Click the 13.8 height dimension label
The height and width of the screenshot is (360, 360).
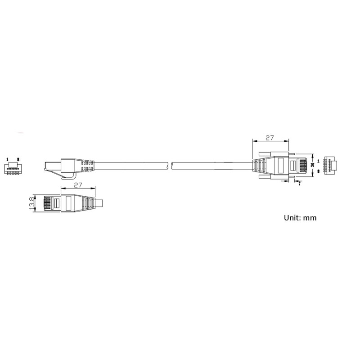pyautogui.click(x=32, y=203)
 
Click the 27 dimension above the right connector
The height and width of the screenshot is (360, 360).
pyautogui.click(x=270, y=138)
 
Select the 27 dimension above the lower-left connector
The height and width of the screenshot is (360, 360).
pyautogui.click(x=78, y=185)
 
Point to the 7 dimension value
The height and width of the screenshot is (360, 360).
pyautogui.click(x=299, y=184)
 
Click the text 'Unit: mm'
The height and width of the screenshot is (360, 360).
pyautogui.click(x=300, y=218)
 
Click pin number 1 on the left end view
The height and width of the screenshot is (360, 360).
pyautogui.click(x=7, y=159)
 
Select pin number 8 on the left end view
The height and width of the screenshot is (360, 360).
pyautogui.click(x=18, y=159)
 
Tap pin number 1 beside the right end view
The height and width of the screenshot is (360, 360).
pyautogui.click(x=318, y=161)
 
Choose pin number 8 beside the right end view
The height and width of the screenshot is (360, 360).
pyautogui.click(x=319, y=171)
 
